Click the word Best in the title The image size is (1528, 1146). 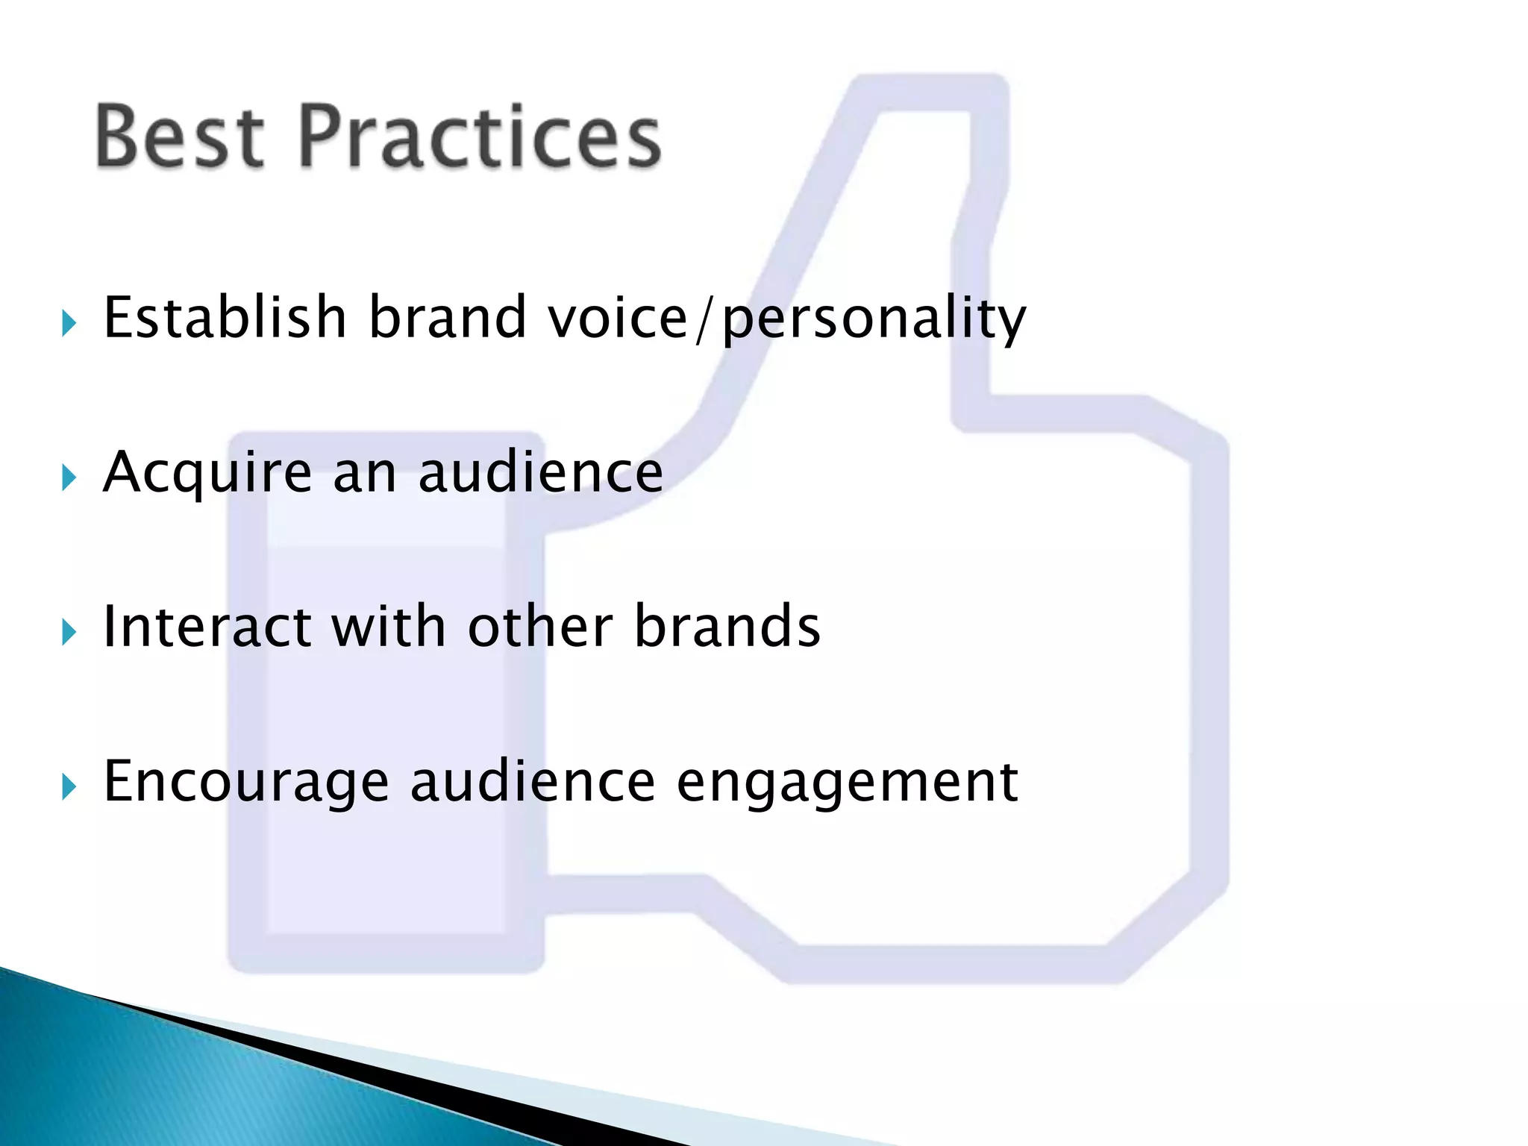[x=180, y=137]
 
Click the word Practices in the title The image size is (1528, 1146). [x=480, y=137]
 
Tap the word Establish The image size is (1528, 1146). [x=225, y=318]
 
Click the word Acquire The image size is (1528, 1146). [x=207, y=473]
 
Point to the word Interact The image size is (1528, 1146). [x=207, y=627]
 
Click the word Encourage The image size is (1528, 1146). [x=246, y=782]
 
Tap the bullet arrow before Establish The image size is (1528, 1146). [x=69, y=324]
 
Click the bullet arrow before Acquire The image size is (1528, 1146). [x=69, y=478]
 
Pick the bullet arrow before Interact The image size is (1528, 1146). [x=69, y=633]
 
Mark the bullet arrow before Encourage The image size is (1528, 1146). [x=69, y=787]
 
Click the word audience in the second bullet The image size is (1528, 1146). [x=540, y=473]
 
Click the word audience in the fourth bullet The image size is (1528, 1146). [x=533, y=782]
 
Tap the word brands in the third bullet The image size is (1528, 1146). [x=727, y=627]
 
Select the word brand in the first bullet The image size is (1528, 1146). [x=448, y=318]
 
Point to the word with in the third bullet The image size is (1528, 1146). [x=389, y=627]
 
